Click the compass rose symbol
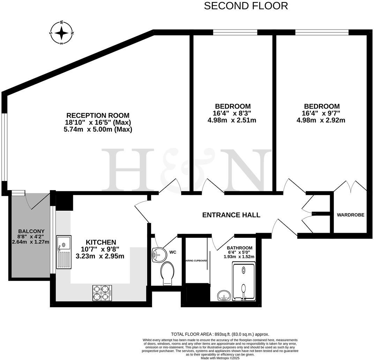point(61,33)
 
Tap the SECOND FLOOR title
point(246,6)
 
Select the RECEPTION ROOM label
point(98,115)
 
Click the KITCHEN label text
point(101,242)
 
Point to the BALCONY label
point(31,231)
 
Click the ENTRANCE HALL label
point(231,215)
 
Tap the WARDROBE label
point(350,215)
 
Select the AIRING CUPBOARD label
point(196,261)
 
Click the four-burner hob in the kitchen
point(102,293)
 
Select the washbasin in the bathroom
point(223,296)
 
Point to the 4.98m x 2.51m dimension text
point(232,120)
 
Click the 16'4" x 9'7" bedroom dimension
point(321,113)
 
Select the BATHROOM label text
point(239,248)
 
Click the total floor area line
point(220,334)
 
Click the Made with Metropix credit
point(220,358)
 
